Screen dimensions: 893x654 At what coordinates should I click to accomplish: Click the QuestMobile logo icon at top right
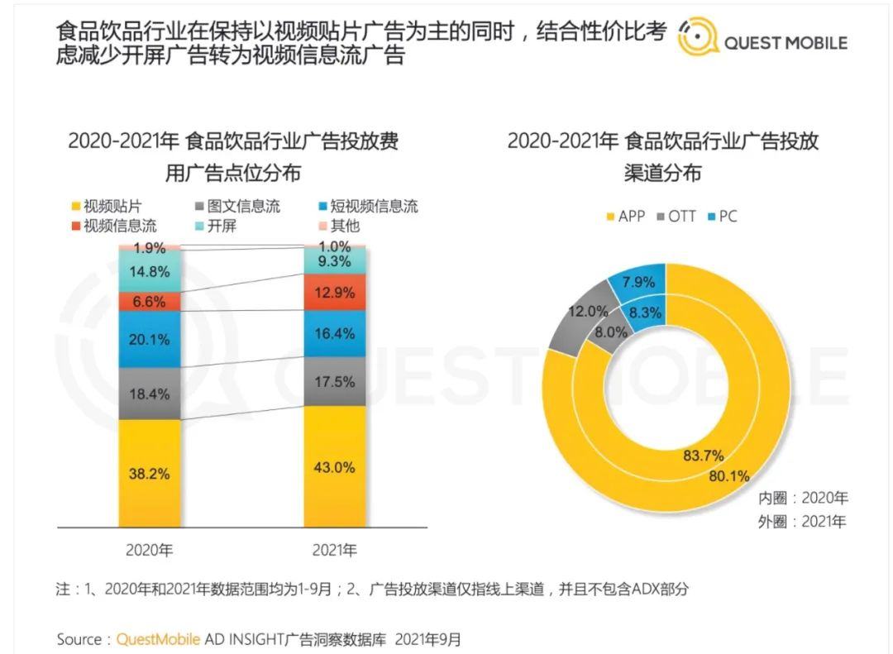[x=698, y=37]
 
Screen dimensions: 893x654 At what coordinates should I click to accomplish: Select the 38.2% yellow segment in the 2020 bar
[x=149, y=474]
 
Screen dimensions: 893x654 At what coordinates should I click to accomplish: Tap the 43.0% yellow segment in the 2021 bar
[x=335, y=466]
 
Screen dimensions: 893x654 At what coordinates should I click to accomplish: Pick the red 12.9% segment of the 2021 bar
[x=335, y=292]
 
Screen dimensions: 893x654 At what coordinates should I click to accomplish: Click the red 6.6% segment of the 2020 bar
[x=149, y=301]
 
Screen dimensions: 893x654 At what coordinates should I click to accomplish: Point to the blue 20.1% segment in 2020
[x=149, y=340]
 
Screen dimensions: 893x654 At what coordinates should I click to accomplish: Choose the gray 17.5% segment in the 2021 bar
[x=335, y=381]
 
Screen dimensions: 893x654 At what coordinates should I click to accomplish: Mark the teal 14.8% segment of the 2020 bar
[x=149, y=271]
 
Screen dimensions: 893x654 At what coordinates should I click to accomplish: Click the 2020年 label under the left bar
[x=149, y=550]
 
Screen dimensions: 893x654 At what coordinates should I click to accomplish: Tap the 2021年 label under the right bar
[x=335, y=550]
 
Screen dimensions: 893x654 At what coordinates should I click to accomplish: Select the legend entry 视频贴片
[x=107, y=206]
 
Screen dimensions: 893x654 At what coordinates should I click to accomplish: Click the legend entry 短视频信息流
[x=368, y=206]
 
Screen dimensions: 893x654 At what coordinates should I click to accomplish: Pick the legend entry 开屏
[x=215, y=226]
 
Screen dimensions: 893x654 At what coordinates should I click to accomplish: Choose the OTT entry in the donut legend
[x=676, y=217]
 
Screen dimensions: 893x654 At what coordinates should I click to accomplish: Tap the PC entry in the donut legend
[x=722, y=217]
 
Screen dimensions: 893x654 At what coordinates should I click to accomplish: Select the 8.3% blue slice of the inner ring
[x=647, y=313]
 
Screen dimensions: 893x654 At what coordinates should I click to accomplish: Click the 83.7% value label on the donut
[x=704, y=456]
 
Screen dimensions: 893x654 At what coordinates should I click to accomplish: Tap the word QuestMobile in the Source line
[x=158, y=639]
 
